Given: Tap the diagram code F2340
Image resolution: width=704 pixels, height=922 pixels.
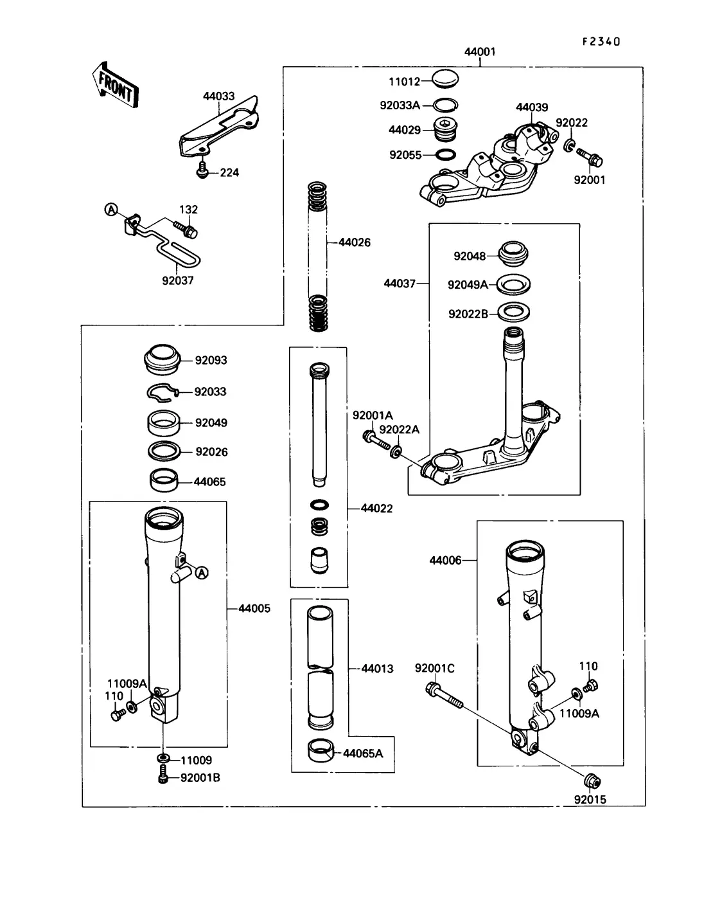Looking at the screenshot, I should pyautogui.click(x=601, y=42).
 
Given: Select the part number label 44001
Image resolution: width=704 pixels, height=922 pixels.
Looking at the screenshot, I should pyautogui.click(x=479, y=51).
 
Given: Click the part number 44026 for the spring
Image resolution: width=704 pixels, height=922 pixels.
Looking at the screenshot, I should pyautogui.click(x=355, y=242).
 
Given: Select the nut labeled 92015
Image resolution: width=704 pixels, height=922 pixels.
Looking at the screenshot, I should pyautogui.click(x=591, y=781).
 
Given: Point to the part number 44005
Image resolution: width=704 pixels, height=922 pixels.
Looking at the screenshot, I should pyautogui.click(x=254, y=608).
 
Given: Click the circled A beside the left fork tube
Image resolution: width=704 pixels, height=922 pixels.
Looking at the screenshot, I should pyautogui.click(x=201, y=572).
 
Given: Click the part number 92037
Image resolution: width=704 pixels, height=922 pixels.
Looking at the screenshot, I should pyautogui.click(x=177, y=280).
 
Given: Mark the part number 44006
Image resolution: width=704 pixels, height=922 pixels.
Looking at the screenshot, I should pyautogui.click(x=445, y=560).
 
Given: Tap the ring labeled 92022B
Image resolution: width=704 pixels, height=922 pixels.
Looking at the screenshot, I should pyautogui.click(x=514, y=313).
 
